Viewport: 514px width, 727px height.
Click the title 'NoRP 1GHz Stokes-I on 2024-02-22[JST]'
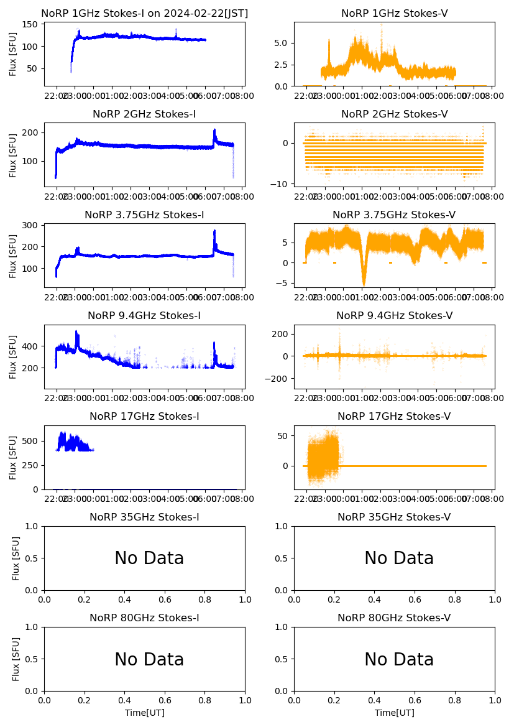(x=144, y=13)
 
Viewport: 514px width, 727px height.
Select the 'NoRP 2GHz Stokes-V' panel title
(x=394, y=114)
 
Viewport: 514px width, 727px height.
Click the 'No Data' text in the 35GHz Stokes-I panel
(x=149, y=558)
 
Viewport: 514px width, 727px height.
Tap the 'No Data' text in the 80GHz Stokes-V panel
(x=398, y=659)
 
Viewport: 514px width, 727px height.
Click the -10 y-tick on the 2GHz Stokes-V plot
(x=280, y=184)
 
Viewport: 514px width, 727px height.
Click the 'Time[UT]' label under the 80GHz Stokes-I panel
(x=145, y=713)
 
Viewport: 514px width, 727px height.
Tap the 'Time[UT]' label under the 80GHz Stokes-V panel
(x=394, y=713)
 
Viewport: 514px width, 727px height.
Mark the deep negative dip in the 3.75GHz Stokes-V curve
(x=364, y=284)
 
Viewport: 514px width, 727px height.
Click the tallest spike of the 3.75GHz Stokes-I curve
(x=214, y=231)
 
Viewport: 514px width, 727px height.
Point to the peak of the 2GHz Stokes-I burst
(x=214, y=130)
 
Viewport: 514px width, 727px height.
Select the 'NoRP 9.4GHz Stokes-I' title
(x=144, y=315)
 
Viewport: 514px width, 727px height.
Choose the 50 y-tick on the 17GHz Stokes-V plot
(x=283, y=435)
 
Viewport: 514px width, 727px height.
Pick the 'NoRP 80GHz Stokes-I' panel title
(x=144, y=618)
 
